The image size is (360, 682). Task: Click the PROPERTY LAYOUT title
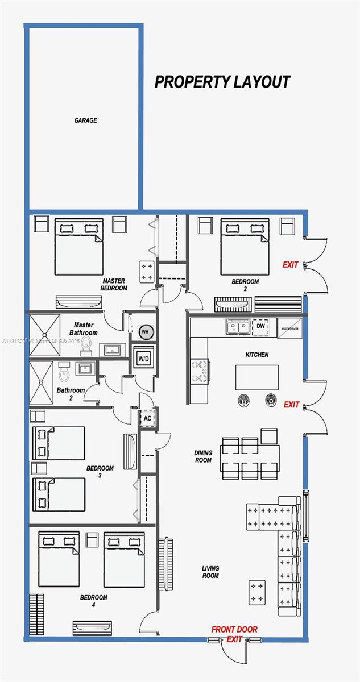click(222, 82)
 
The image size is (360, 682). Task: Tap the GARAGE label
click(85, 120)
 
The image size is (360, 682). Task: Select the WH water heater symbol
click(144, 332)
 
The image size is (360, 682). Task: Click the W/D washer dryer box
click(143, 359)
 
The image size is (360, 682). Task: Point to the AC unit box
click(148, 418)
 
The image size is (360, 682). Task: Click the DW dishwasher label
click(260, 326)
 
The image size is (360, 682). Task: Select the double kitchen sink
click(237, 327)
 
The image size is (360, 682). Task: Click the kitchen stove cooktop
click(200, 371)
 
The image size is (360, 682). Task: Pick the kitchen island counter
click(257, 377)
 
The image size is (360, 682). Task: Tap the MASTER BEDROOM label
click(114, 284)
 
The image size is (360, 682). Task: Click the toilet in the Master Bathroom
click(87, 343)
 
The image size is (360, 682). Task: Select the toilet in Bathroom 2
click(64, 373)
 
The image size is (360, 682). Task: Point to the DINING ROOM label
click(203, 456)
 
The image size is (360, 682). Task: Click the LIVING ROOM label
click(210, 572)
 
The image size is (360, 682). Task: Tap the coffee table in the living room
click(256, 593)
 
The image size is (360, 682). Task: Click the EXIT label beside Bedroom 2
click(291, 264)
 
